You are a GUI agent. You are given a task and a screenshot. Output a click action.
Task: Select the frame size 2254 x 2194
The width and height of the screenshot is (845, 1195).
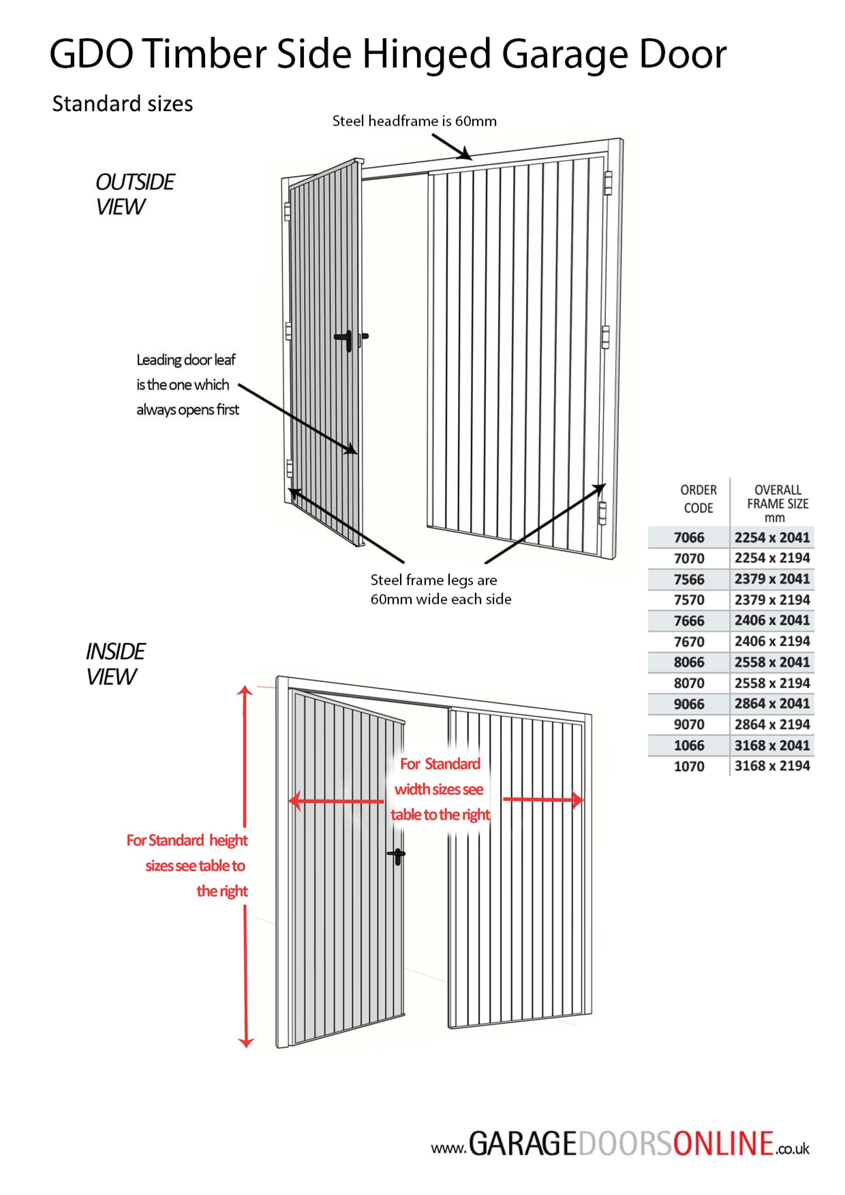pos(772,558)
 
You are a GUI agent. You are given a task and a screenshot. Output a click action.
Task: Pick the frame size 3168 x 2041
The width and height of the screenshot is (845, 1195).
pos(772,745)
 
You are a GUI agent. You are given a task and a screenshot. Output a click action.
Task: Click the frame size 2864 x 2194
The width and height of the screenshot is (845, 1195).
pos(772,724)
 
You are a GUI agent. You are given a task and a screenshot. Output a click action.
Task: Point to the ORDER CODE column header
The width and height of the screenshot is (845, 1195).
pos(698,499)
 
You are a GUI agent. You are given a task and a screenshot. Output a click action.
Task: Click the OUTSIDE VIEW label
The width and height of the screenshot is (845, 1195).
pos(134,194)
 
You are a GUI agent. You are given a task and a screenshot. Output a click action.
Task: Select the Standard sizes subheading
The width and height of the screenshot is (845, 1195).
pos(122,104)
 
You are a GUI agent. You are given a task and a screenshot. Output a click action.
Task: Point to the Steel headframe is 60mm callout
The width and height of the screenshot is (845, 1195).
pos(414,121)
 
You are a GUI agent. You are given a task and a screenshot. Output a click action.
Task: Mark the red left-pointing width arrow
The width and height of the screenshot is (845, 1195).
pos(336,801)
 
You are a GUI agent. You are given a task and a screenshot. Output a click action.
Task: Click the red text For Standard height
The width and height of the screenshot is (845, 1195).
pos(187,840)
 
